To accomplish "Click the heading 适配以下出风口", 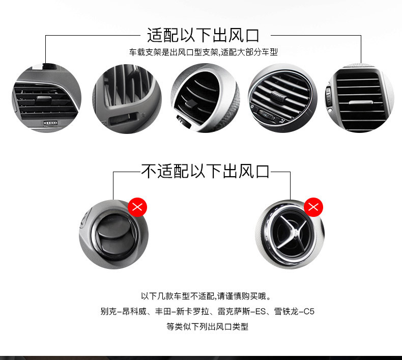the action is (x=203, y=36).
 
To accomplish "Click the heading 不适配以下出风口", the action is (x=205, y=172).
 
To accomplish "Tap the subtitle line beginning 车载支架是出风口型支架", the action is (x=204, y=52).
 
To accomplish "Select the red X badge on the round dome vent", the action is (x=137, y=207).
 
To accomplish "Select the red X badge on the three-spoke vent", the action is (x=313, y=207).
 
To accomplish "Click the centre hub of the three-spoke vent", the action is (x=295, y=232).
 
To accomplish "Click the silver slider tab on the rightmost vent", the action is (x=360, y=103).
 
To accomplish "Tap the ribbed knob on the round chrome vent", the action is (x=278, y=97).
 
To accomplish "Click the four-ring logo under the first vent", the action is (x=50, y=123).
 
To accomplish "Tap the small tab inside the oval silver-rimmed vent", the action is (x=190, y=104).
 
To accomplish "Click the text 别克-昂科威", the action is (x=123, y=312).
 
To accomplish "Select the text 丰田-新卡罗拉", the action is (x=182, y=312).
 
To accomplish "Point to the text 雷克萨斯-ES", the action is (x=242, y=312).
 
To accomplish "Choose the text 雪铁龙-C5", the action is (x=294, y=312).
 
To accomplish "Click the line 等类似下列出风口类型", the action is (x=208, y=326).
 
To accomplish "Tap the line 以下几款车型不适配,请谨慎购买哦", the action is (x=206, y=296).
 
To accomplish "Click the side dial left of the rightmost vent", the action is (x=328, y=97).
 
